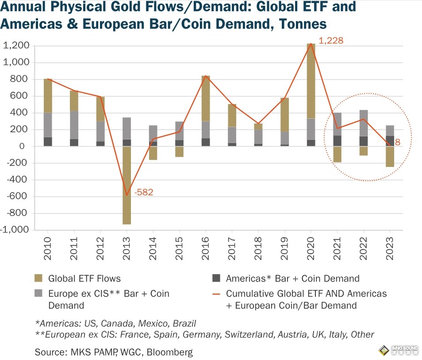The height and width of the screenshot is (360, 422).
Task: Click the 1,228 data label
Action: (x=331, y=41)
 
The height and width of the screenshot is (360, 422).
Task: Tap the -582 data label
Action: (x=144, y=192)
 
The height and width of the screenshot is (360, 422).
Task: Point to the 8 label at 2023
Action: (x=397, y=142)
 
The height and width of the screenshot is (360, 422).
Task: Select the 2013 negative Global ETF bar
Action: (x=127, y=185)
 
